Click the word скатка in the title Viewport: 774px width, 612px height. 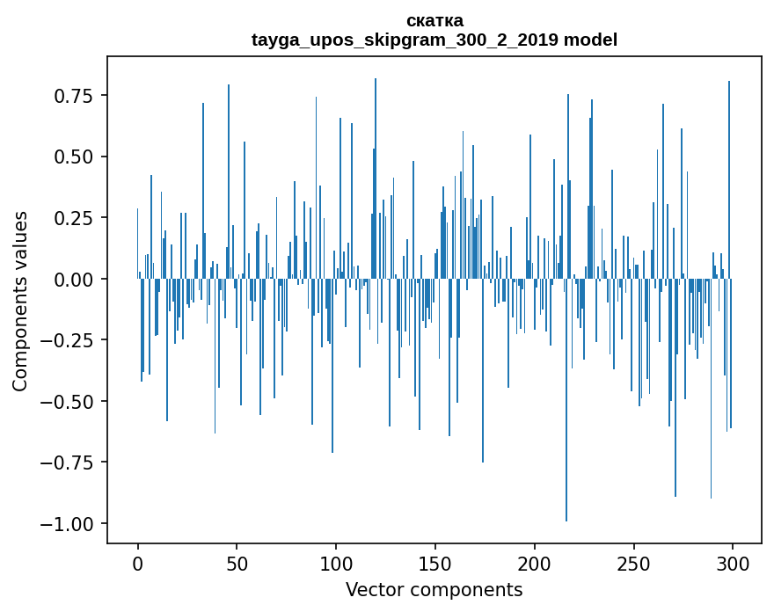pyautogui.click(x=434, y=20)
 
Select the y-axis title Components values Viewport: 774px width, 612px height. pyautogui.click(x=20, y=301)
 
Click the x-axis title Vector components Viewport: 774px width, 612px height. pyautogui.click(x=434, y=589)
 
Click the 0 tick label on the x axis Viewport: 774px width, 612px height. pyautogui.click(x=138, y=563)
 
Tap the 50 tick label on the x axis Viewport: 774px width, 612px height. pyautogui.click(x=237, y=563)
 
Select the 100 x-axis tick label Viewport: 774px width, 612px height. pyautogui.click(x=336, y=563)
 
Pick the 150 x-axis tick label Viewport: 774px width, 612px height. pyautogui.click(x=435, y=563)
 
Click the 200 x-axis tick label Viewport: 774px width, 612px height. pyautogui.click(x=535, y=563)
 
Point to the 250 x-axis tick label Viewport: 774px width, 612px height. pyautogui.click(x=633, y=563)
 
